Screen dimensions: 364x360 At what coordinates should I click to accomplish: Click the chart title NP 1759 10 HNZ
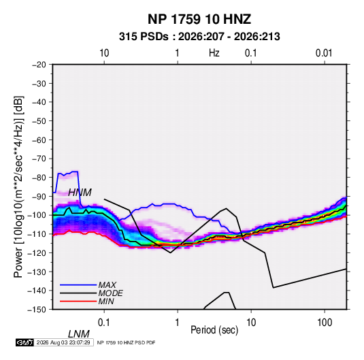point(199,19)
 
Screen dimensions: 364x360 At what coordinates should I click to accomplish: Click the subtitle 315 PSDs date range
point(199,37)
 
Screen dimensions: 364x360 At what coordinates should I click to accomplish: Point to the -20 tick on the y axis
point(39,65)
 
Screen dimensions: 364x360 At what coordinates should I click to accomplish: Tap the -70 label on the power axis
point(39,159)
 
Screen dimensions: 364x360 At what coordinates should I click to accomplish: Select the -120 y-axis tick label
point(37,252)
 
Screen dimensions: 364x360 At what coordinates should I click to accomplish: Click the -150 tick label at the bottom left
point(37,310)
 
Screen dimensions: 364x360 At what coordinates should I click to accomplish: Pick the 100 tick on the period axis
point(325,323)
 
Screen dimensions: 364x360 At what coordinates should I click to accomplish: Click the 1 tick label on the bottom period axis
point(178,323)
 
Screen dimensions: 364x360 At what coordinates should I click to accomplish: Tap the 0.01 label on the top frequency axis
point(324,53)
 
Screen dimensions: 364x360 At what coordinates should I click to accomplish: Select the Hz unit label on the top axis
point(214,53)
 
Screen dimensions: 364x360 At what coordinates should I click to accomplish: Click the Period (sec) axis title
point(214,330)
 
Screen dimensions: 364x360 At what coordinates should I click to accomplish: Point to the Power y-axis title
point(18,187)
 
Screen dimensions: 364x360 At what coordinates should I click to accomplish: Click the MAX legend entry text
point(107,284)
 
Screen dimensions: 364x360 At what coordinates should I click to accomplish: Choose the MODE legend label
point(110,293)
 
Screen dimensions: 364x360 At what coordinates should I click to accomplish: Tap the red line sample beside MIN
point(78,301)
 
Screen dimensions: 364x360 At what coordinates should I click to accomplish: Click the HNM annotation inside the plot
point(80,193)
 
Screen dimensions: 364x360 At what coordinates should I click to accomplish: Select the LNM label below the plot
point(79,334)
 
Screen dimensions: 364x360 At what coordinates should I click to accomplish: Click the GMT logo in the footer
point(25,342)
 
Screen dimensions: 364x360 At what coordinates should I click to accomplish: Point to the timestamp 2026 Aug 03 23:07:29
point(63,342)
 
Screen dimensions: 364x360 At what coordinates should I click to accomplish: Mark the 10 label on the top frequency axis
point(104,53)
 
